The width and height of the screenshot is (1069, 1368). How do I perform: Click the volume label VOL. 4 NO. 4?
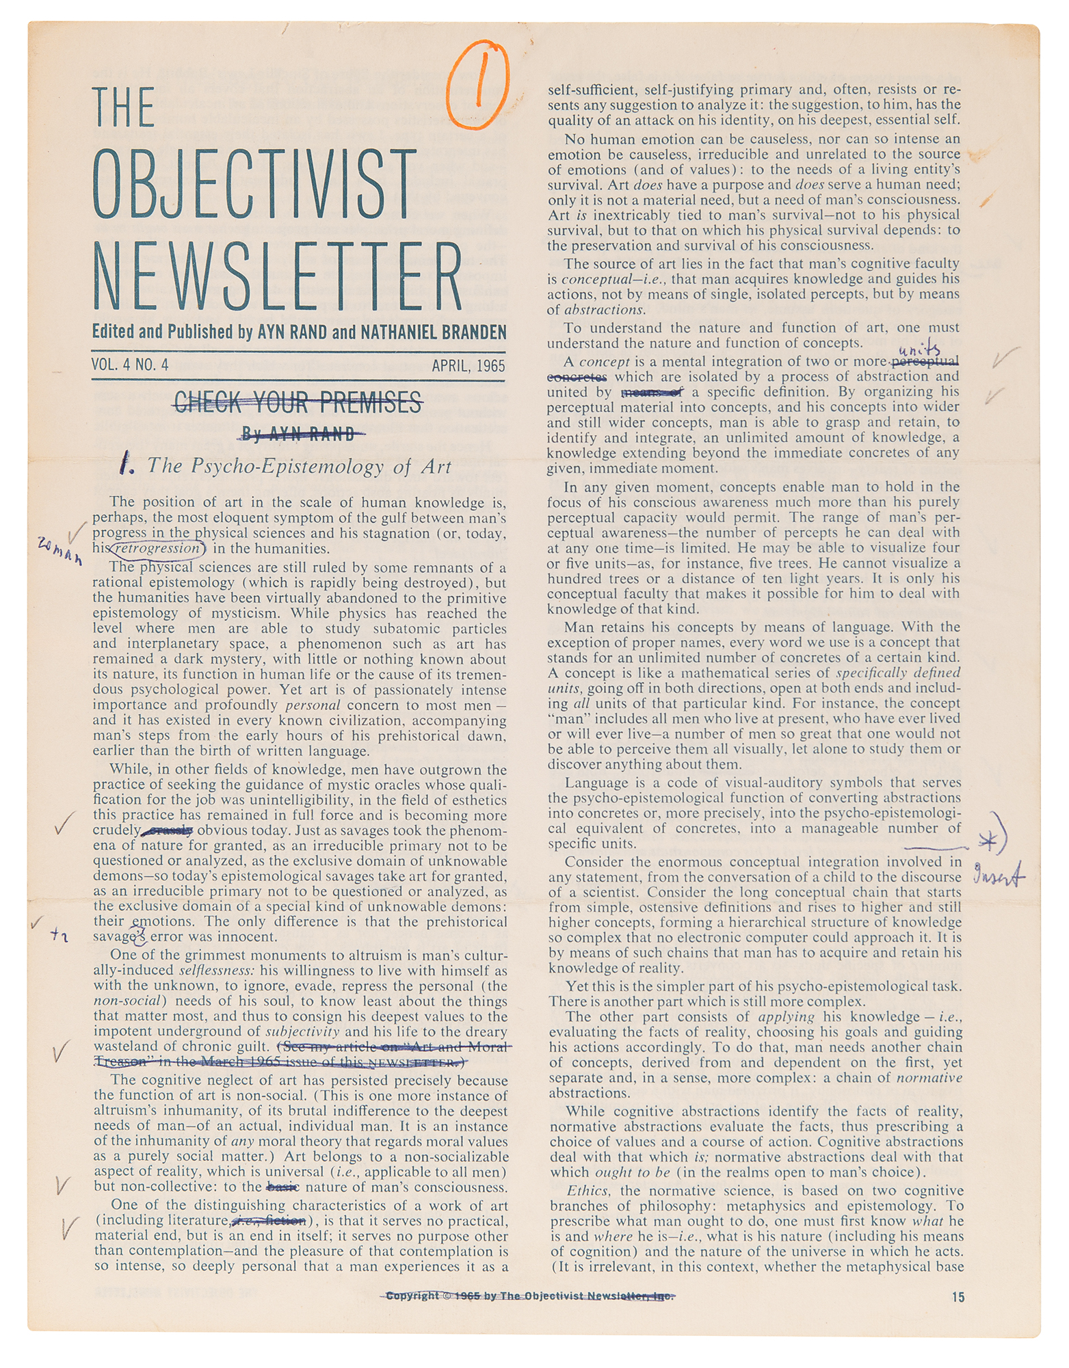click(130, 365)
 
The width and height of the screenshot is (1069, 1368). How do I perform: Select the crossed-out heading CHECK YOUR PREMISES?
click(298, 403)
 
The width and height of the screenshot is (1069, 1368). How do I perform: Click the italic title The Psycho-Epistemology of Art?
click(300, 466)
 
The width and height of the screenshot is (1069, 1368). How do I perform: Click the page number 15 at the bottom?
click(958, 1297)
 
